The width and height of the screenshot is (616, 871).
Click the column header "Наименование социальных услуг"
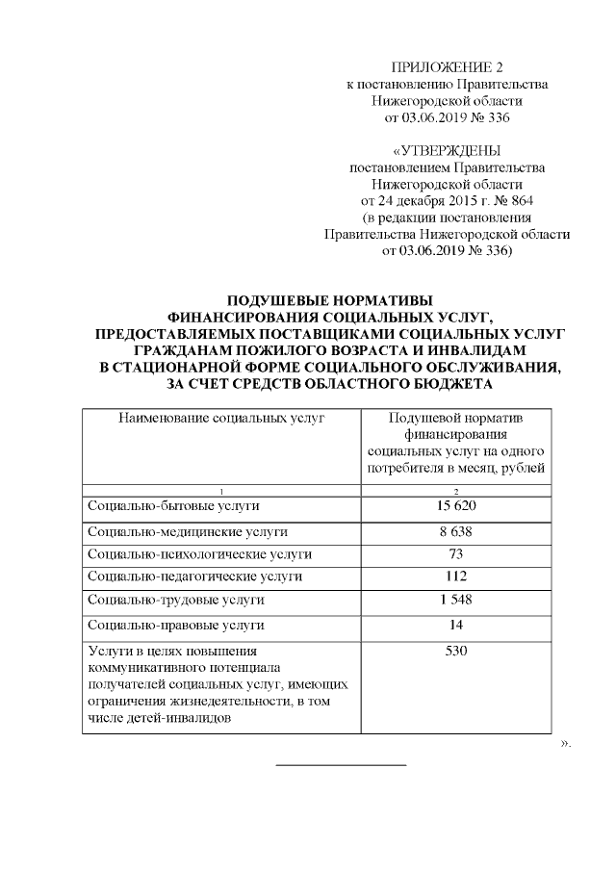220,417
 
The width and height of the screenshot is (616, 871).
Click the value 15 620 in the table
456,506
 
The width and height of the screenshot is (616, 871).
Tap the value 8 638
456,531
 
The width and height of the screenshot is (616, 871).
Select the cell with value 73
456,554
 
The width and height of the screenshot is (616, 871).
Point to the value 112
456,576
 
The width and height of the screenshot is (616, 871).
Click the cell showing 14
456,626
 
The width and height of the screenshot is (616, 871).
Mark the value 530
456,653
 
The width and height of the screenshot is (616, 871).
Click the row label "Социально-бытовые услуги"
173,506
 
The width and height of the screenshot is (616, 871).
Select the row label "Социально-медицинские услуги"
187,531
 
